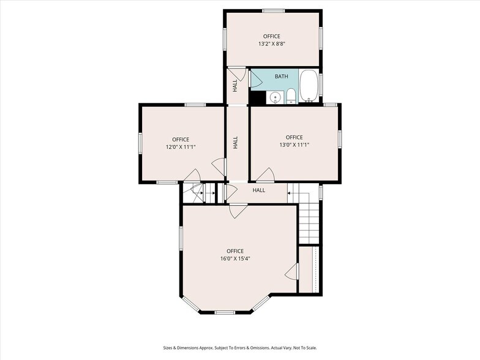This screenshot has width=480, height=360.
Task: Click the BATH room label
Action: (x=281, y=76)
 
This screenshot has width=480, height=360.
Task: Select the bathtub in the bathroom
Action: (x=309, y=86)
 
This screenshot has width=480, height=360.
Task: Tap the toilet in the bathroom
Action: (x=291, y=96)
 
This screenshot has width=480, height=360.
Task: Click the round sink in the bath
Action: (x=276, y=97)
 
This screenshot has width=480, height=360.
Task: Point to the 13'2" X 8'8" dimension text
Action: (x=272, y=44)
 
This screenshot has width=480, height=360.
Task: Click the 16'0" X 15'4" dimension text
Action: (x=235, y=258)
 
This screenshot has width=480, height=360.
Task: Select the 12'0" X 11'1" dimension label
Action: (x=181, y=147)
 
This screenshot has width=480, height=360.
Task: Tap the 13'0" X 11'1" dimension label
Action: (x=294, y=144)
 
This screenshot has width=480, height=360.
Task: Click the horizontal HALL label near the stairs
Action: (x=258, y=190)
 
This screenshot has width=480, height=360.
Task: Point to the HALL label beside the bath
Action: (x=235, y=86)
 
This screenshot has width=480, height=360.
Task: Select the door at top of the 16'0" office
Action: (x=239, y=211)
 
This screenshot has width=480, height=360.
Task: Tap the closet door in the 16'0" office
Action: (x=292, y=271)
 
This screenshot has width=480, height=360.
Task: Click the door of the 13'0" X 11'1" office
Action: (x=266, y=174)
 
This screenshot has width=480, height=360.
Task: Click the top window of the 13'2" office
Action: (x=274, y=11)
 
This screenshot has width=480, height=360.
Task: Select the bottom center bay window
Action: (x=225, y=312)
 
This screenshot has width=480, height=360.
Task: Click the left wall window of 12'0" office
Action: (x=140, y=143)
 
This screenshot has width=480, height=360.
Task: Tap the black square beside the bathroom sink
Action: (x=257, y=98)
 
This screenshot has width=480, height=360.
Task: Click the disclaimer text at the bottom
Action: (x=240, y=348)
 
